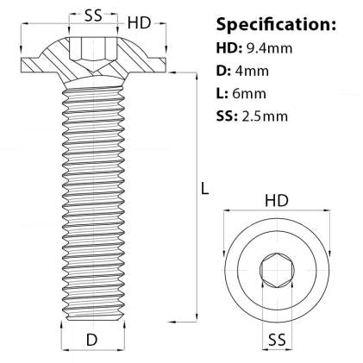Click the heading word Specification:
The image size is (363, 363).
[276, 23]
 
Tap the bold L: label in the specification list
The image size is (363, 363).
[222, 95]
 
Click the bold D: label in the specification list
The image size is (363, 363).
[225, 72]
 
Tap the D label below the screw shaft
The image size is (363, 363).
[91, 341]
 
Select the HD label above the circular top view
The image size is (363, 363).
[276, 201]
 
